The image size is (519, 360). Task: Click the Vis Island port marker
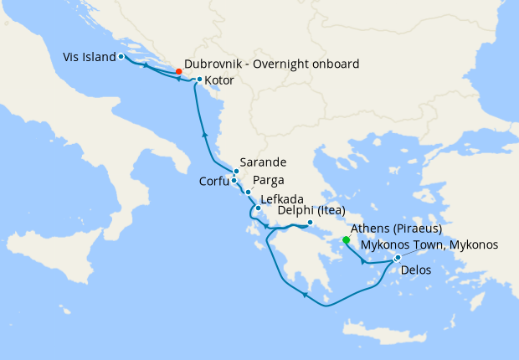coord(121,57)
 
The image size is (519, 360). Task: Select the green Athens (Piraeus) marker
coord(346,240)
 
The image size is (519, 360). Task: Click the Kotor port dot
coord(198,80)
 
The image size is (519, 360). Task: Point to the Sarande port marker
coord(236,172)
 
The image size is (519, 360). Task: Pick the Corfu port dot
coord(234,181)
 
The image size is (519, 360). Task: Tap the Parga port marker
coord(248,193)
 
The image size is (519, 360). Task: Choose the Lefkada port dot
coord(258,208)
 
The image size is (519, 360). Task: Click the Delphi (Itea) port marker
coord(310,223)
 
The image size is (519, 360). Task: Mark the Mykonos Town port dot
coord(397,257)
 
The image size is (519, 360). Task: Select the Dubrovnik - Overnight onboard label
coord(271,64)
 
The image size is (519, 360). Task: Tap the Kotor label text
coord(219,81)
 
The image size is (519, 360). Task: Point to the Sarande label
coord(263,162)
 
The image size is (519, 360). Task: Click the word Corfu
coord(214,181)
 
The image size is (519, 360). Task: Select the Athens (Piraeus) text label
coord(397,229)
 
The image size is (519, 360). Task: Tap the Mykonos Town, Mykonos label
coord(429,244)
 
